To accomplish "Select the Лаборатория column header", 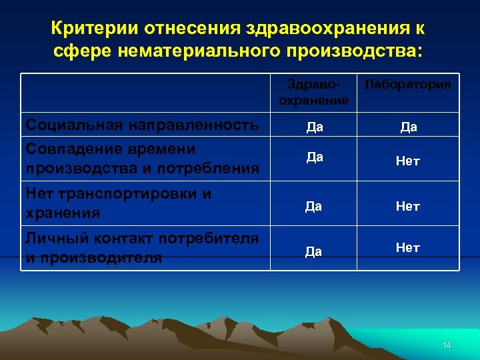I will tap(408, 85).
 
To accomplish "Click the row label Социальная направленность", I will tap(141, 125).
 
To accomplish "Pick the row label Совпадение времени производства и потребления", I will tap(141, 159).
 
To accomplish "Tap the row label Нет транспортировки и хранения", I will tap(118, 203).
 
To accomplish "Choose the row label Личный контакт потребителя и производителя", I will tap(141, 248).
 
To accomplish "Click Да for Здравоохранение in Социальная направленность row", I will tap(315, 127).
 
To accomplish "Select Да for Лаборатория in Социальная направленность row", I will tap(409, 127).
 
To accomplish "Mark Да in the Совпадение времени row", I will tap(315, 157).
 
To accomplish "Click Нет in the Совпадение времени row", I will tap(408, 161).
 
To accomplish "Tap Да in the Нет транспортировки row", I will tap(314, 207).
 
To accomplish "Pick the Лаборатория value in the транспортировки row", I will tap(408, 207).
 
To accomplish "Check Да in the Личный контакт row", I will tap(314, 251).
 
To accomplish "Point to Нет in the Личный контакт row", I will tap(408, 248).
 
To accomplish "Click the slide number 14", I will tap(447, 345).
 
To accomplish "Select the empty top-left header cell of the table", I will tap(145, 93).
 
